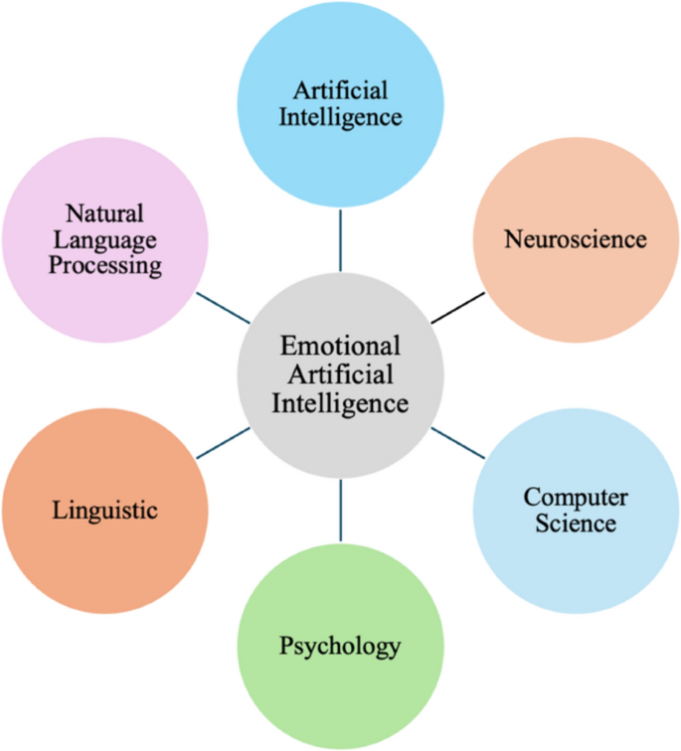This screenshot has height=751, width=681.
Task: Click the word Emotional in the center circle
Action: (x=340, y=347)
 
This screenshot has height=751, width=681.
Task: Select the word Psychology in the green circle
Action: (x=340, y=647)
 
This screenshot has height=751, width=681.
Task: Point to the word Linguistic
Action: (x=104, y=511)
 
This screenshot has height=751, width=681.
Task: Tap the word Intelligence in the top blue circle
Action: (x=340, y=117)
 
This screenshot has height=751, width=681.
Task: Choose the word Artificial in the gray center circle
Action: (x=340, y=375)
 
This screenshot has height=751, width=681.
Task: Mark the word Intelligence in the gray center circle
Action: (x=340, y=404)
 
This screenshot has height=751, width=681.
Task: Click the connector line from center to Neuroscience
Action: (x=456, y=308)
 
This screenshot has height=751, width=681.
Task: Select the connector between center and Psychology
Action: (x=340, y=510)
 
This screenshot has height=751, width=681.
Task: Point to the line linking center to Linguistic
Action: (x=223, y=443)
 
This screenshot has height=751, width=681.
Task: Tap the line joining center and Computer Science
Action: (x=456, y=443)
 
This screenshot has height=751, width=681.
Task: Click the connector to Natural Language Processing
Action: (x=223, y=308)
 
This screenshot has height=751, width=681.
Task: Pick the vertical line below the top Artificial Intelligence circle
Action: (x=340, y=239)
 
